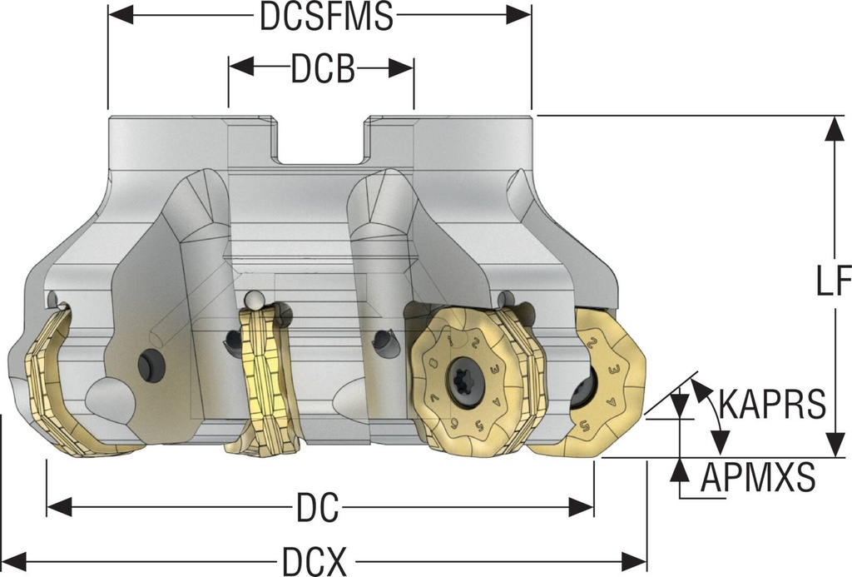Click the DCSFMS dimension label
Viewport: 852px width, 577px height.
click(x=325, y=16)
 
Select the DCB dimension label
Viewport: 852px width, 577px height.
click(x=323, y=70)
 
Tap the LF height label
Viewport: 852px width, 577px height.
click(x=833, y=284)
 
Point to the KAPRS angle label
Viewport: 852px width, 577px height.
click(x=772, y=404)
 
